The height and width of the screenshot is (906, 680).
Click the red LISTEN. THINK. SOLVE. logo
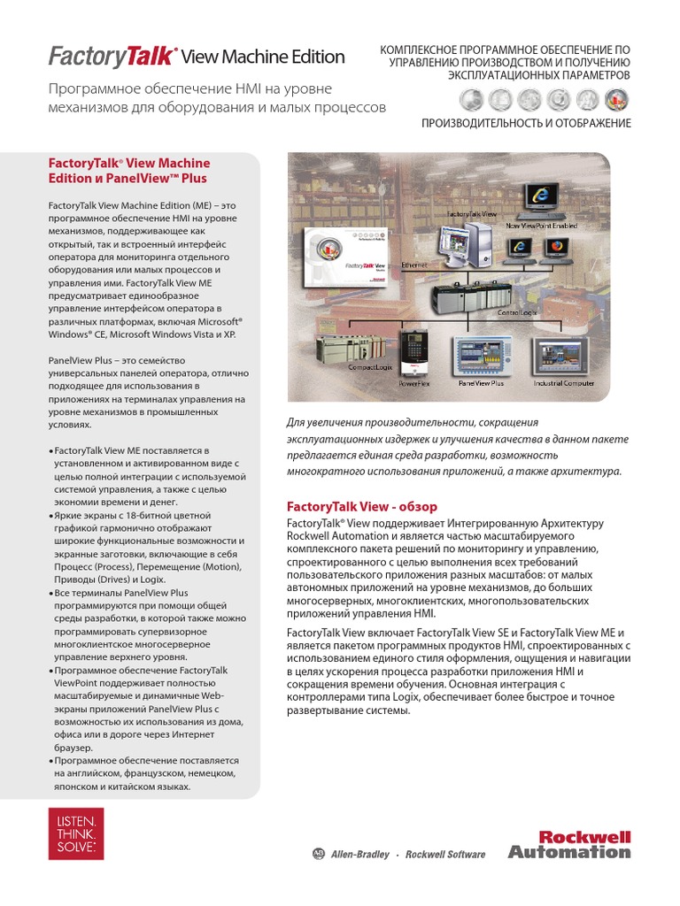click(x=75, y=833)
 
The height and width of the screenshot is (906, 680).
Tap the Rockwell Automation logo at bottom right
click(x=569, y=844)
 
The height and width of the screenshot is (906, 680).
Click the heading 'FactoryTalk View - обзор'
click(x=362, y=506)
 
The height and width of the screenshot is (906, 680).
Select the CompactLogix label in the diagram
click(x=347, y=366)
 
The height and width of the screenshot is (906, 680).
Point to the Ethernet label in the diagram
click(x=415, y=265)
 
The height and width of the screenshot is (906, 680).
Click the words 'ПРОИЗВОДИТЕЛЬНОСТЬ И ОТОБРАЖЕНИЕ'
click(x=526, y=123)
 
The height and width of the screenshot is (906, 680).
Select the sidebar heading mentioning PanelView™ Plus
click(x=128, y=171)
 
